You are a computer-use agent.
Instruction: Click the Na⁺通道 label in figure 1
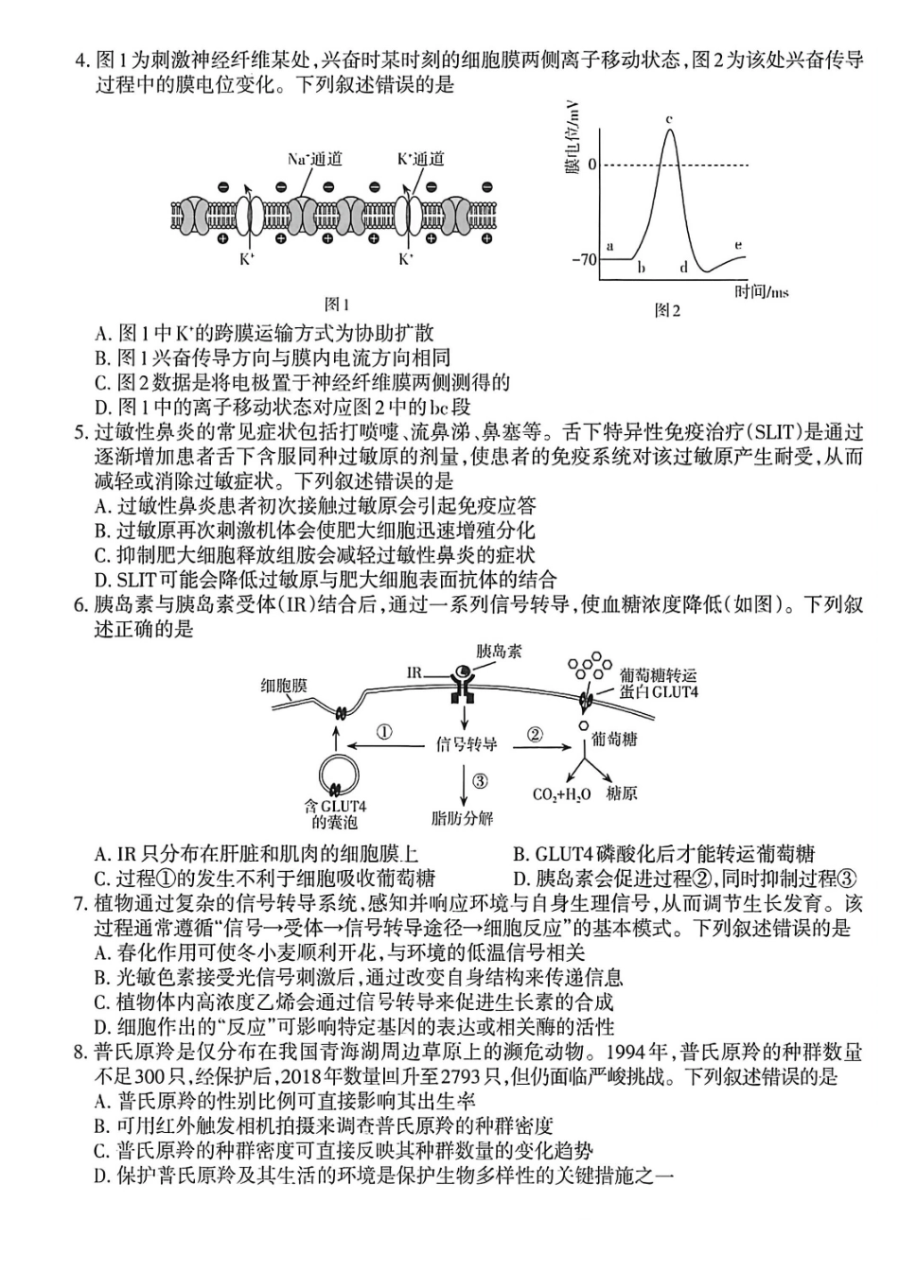point(314,159)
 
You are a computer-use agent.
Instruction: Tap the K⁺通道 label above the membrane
point(420,159)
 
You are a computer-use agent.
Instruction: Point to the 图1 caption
point(337,305)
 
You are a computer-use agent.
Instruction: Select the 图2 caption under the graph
point(667,310)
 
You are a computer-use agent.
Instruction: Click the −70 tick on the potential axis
point(584,258)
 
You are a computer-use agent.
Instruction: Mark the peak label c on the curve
point(669,119)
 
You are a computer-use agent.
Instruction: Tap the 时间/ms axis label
point(762,292)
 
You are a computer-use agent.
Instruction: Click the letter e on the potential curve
point(738,246)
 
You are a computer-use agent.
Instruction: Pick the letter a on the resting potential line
point(609,246)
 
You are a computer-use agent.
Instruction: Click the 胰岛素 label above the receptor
point(499,652)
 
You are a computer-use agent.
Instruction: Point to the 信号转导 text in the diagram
point(467,744)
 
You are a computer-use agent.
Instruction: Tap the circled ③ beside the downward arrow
point(480,781)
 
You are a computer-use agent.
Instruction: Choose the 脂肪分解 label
point(462,818)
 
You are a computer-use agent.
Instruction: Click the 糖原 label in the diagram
point(621,793)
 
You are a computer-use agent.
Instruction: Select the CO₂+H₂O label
point(561,794)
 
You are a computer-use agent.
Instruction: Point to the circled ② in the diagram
point(535,735)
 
